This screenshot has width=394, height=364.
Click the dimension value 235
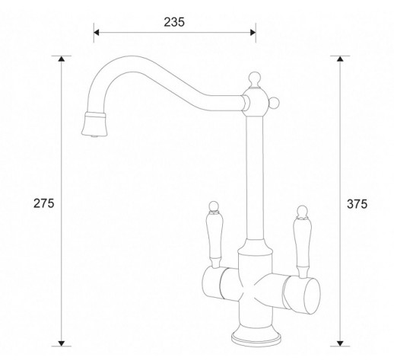[x=174, y=22]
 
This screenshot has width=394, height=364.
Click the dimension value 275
[x=44, y=203]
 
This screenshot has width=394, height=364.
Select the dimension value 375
[x=357, y=204]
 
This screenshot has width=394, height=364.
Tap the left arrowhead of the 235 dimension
[x=97, y=33]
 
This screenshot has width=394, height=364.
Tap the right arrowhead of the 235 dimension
[x=253, y=33]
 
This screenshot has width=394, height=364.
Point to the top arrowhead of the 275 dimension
[x=61, y=59]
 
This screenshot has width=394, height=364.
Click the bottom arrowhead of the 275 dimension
[x=61, y=343]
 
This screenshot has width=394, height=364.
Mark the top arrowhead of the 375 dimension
[x=340, y=59]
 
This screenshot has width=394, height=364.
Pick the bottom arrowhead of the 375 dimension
[x=340, y=343]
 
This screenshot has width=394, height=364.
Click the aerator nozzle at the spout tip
[x=94, y=124]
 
